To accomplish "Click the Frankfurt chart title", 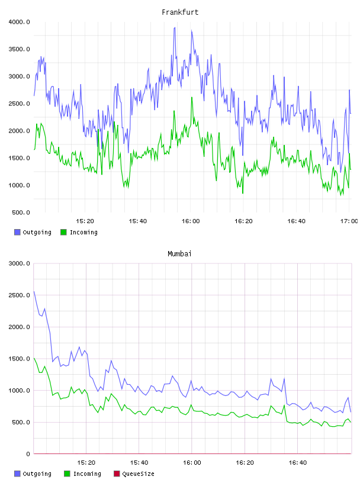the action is point(180,12).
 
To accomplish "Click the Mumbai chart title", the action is point(179,253).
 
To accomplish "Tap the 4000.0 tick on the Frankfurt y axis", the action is point(19,22).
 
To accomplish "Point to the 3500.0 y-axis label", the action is point(19,49).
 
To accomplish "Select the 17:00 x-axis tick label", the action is point(349,221).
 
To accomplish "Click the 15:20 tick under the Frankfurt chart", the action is point(85,221).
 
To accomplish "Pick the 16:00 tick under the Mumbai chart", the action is point(192,462).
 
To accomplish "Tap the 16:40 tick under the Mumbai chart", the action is point(297,462).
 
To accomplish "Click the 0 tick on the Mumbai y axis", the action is point(28,454).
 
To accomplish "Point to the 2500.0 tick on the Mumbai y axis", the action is point(19,295).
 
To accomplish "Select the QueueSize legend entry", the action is point(134,474).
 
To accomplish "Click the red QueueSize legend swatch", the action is point(117,474).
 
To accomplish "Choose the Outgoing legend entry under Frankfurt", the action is point(33,232).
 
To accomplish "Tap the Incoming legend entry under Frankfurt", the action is point(79,232).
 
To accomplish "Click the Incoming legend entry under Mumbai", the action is point(83,474).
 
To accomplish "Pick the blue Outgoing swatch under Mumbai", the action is point(17,474).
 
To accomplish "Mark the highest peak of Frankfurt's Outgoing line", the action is point(175,27).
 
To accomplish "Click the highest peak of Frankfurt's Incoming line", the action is point(192,97).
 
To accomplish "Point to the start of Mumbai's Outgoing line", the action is point(34,291).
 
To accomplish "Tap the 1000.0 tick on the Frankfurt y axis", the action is point(19,185).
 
